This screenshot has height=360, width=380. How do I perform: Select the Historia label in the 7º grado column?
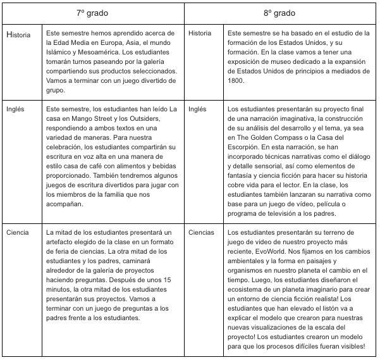(x=18, y=35)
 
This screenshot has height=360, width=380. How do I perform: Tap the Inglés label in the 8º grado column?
(x=197, y=109)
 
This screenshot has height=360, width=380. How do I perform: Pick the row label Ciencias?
(x=201, y=232)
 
